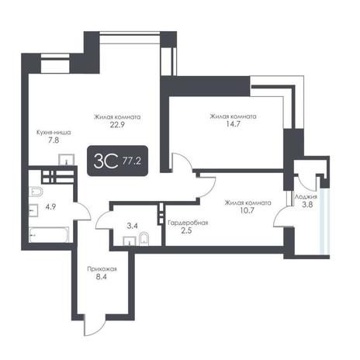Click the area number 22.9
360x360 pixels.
click(117, 125)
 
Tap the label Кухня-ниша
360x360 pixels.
click(54, 133)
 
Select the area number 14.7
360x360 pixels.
click(234, 124)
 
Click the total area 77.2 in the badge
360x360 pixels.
click(132, 161)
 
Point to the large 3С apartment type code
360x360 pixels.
click(106, 161)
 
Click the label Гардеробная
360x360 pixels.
click(188, 223)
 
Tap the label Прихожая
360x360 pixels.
click(102, 269)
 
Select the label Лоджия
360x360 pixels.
click(306, 196)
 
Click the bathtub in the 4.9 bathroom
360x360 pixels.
click(49, 235)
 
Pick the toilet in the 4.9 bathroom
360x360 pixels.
click(36, 192)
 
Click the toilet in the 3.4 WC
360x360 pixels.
click(144, 240)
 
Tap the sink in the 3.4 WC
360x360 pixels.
click(130, 241)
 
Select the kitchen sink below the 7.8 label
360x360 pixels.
click(67, 160)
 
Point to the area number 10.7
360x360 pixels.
click(247, 210)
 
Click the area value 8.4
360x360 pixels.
click(102, 277)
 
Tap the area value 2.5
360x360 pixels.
click(186, 230)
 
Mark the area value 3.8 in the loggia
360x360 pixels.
click(307, 205)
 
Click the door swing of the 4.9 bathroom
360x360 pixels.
click(83, 211)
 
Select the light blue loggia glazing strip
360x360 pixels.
click(324, 221)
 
